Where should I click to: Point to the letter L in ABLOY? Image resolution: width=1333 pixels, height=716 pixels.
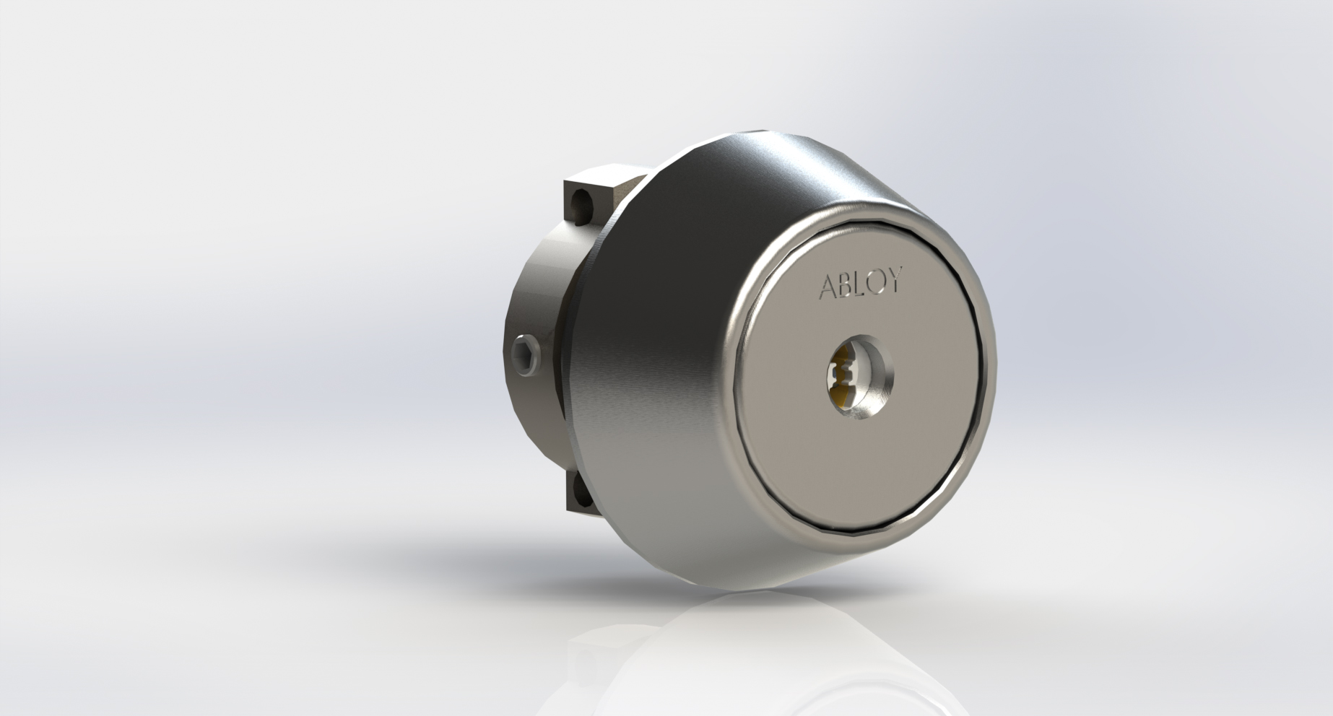pyautogui.click(x=860, y=284)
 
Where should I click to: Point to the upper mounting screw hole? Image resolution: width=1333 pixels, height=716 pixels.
pyautogui.click(x=578, y=206)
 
